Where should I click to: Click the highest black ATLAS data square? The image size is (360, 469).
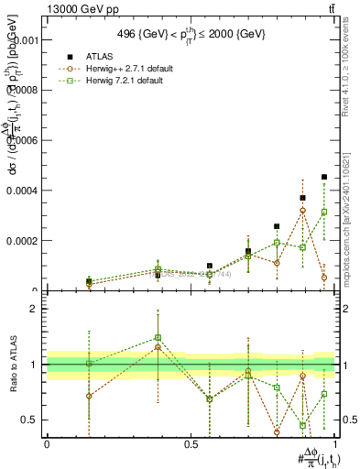pos(324,177)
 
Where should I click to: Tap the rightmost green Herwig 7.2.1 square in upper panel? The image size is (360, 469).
pos(324,212)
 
